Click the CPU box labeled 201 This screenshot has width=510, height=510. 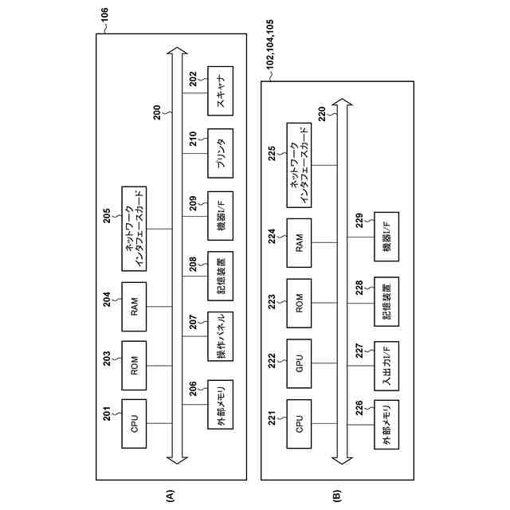[x=134, y=418]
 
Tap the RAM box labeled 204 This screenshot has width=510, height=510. [x=134, y=305]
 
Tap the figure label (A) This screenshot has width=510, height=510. [x=169, y=495]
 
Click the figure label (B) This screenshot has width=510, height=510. [x=336, y=495]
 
